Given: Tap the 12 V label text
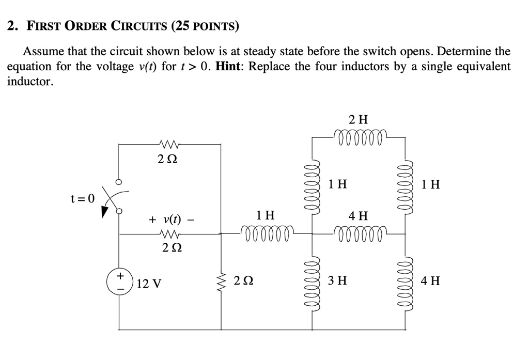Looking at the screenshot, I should pos(150,284).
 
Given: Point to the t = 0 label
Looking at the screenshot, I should pos(83,198).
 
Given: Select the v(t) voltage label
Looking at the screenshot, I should pos(171,220).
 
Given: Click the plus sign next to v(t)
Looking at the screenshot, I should pos(152,220).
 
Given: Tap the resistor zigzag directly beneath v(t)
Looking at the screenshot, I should pos(171,234).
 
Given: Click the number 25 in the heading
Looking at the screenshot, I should pos(181,26).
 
